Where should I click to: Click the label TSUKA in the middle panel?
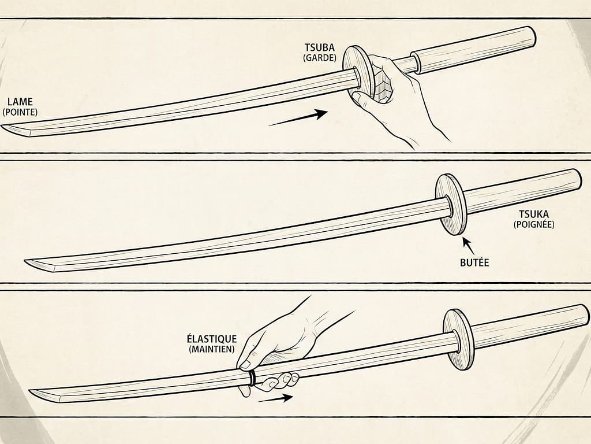[x=533, y=214]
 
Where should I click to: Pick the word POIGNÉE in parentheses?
[x=533, y=224]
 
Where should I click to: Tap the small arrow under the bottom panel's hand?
[x=275, y=398]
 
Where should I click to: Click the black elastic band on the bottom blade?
[x=252, y=377]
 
